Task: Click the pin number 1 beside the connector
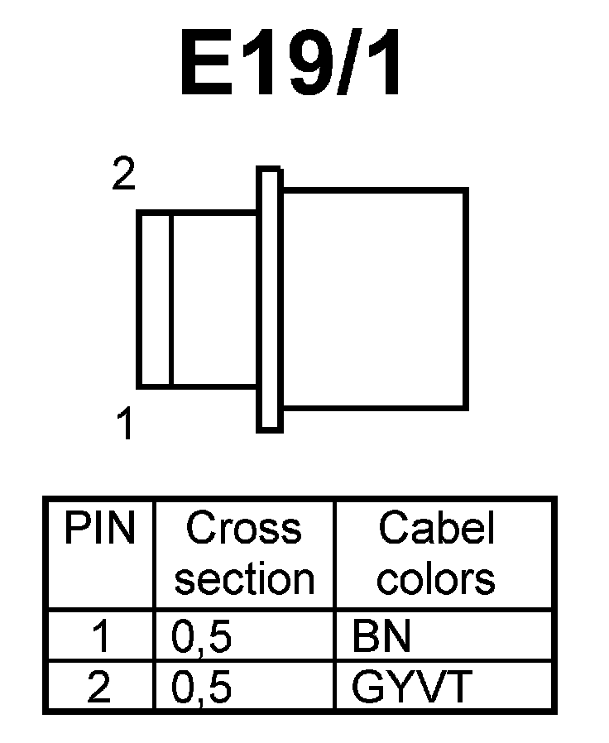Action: pos(124,426)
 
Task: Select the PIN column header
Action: pos(99,530)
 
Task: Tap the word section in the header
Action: pos(245,579)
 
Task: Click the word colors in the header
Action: pos(436,579)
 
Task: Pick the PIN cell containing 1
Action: pos(99,637)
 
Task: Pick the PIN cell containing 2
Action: pos(99,688)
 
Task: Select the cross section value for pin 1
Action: pos(201,638)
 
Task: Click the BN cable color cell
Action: pos(381,637)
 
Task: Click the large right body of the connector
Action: pos(374,298)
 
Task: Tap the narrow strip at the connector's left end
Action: pos(154,299)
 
